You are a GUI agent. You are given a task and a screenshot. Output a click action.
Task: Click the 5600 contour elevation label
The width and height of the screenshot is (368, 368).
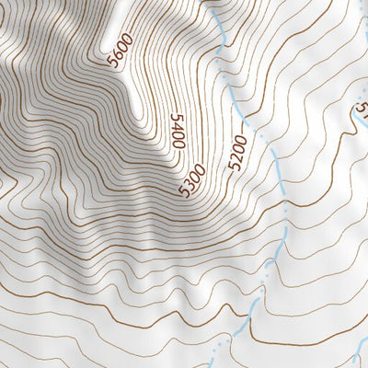click(120, 51)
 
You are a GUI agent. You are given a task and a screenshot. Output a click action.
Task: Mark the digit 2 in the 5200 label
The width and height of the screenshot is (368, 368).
click(235, 162)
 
